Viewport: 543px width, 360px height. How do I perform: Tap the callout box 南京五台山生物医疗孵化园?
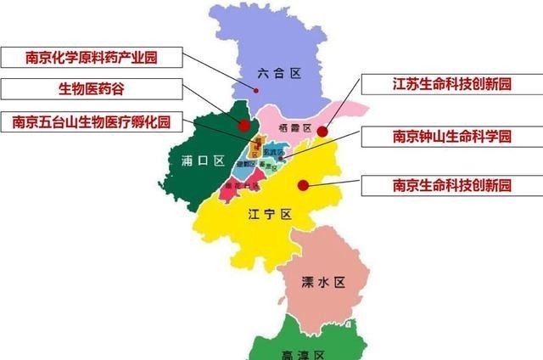pyautogui.click(x=92, y=121)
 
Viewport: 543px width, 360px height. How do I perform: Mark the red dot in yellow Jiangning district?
pyautogui.click(x=302, y=183)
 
